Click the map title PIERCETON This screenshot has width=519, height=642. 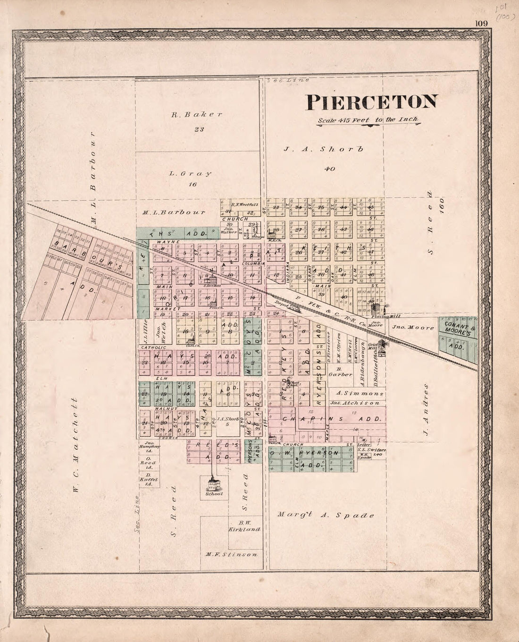(x=372, y=102)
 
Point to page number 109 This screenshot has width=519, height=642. (x=481, y=25)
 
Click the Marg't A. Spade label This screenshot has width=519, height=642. (x=326, y=515)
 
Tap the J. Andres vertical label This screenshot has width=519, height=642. (x=427, y=409)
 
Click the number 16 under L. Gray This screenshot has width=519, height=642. (x=192, y=184)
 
